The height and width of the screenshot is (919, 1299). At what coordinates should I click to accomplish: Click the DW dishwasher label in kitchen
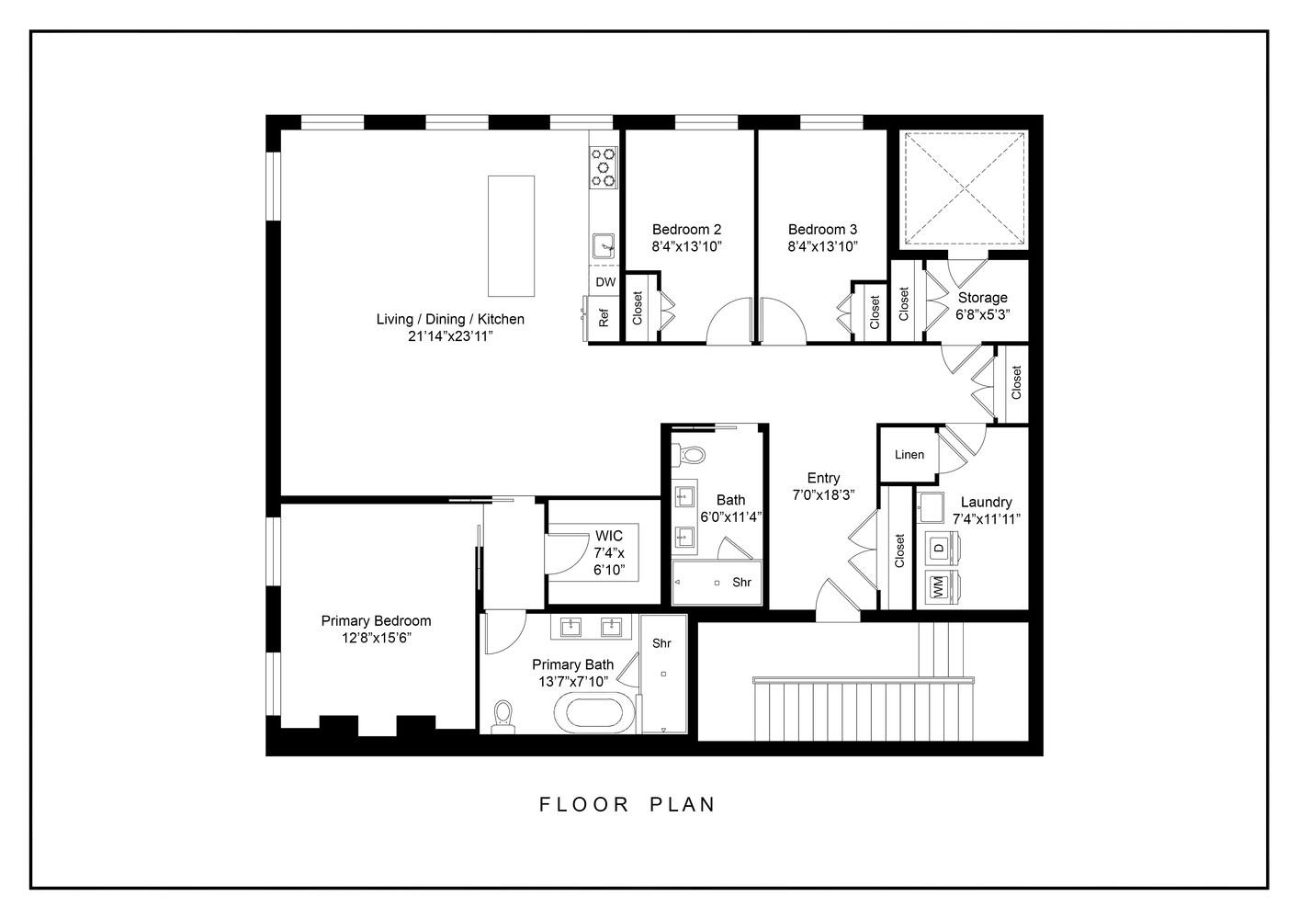click(605, 282)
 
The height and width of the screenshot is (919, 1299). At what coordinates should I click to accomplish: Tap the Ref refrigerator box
click(604, 318)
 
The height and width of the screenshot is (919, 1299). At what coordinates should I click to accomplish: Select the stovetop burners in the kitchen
click(604, 167)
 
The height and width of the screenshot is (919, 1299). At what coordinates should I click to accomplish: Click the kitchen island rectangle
click(511, 236)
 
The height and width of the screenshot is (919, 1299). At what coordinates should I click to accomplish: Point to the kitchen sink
click(604, 245)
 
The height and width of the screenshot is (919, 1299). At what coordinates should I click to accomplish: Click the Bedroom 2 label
click(686, 230)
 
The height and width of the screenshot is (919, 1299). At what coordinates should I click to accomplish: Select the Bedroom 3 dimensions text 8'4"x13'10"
click(822, 246)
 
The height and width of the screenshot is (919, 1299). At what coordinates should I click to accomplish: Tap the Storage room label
click(982, 298)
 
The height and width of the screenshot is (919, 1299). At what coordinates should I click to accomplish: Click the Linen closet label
click(909, 455)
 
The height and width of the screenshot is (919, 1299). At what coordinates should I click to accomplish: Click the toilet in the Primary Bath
click(503, 716)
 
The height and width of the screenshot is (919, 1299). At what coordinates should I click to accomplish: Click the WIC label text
click(608, 536)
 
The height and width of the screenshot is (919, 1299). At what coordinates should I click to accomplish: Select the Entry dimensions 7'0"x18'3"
click(823, 494)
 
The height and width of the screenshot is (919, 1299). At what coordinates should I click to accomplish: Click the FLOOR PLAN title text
click(627, 804)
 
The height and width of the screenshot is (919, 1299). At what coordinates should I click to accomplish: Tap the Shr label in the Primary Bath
click(661, 643)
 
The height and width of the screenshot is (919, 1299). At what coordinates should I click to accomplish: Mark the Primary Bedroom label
click(376, 621)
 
